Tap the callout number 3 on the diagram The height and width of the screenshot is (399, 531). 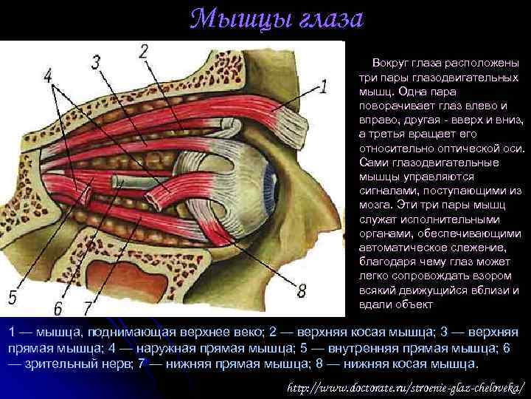pyautogui.click(x=96, y=62)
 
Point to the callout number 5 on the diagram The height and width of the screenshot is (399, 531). pyautogui.click(x=13, y=298)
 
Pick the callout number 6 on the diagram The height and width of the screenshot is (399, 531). pyautogui.click(x=58, y=306)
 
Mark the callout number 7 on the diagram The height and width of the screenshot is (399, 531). pyautogui.click(x=88, y=306)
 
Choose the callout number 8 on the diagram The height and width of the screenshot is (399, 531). pyautogui.click(x=300, y=290)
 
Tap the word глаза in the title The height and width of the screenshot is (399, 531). pyautogui.click(x=325, y=19)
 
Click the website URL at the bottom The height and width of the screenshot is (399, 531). pyautogui.click(x=406, y=386)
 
